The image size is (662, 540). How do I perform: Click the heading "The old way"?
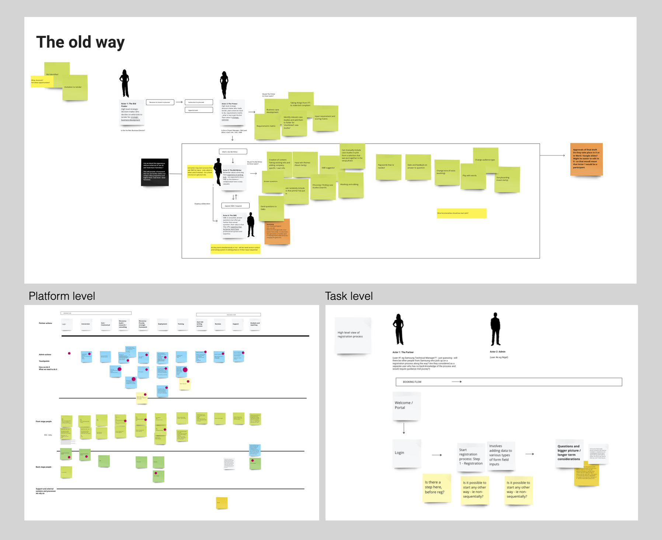coord(80,42)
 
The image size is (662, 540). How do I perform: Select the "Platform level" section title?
coord(62,296)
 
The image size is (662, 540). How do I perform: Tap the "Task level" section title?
coord(349,296)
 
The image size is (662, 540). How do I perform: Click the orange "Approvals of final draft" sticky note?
coord(586,159)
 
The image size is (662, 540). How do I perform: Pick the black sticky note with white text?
coord(155,172)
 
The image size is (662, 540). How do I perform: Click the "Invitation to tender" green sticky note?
coord(75,88)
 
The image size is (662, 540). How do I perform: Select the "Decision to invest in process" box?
coord(160,102)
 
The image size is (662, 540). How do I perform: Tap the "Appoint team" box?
coord(199,110)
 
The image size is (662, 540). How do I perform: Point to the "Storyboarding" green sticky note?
coord(507,179)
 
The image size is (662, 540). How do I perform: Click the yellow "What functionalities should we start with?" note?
coord(461,213)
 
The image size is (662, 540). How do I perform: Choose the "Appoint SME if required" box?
coord(235,206)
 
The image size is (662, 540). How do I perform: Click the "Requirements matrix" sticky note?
coord(266,126)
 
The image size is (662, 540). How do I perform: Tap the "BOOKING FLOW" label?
coord(412,382)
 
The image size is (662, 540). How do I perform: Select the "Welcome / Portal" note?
coord(407,406)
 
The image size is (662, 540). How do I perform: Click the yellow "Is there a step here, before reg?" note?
coord(436,488)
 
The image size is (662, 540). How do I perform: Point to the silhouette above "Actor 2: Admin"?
coord(495,329)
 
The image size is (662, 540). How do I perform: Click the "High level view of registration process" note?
coord(352,335)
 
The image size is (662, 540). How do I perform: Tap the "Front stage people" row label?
coord(43,421)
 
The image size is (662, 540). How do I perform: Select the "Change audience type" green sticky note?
coord(485,160)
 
